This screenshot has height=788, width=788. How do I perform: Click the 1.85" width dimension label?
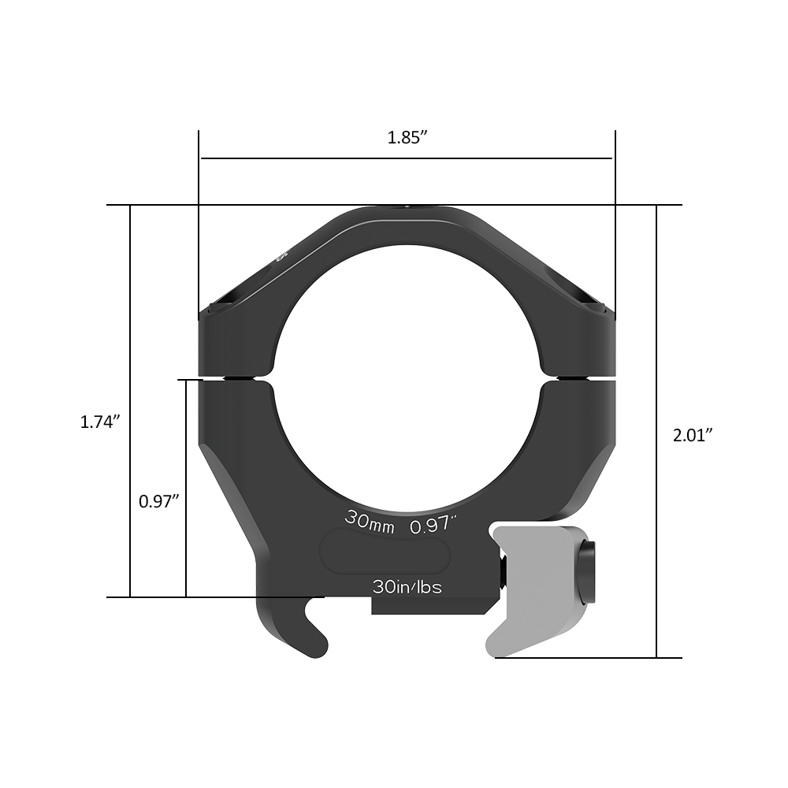point(407,137)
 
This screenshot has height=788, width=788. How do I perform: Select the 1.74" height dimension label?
point(100,422)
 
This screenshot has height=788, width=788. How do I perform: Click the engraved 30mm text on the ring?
point(369,522)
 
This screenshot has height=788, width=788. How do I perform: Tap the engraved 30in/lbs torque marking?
point(407,587)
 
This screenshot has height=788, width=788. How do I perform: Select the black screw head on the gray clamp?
point(588,572)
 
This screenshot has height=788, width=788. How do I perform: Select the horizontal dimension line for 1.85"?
point(407,158)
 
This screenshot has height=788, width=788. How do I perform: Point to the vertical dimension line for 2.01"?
point(656,355)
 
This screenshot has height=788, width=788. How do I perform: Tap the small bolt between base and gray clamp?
point(502,573)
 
